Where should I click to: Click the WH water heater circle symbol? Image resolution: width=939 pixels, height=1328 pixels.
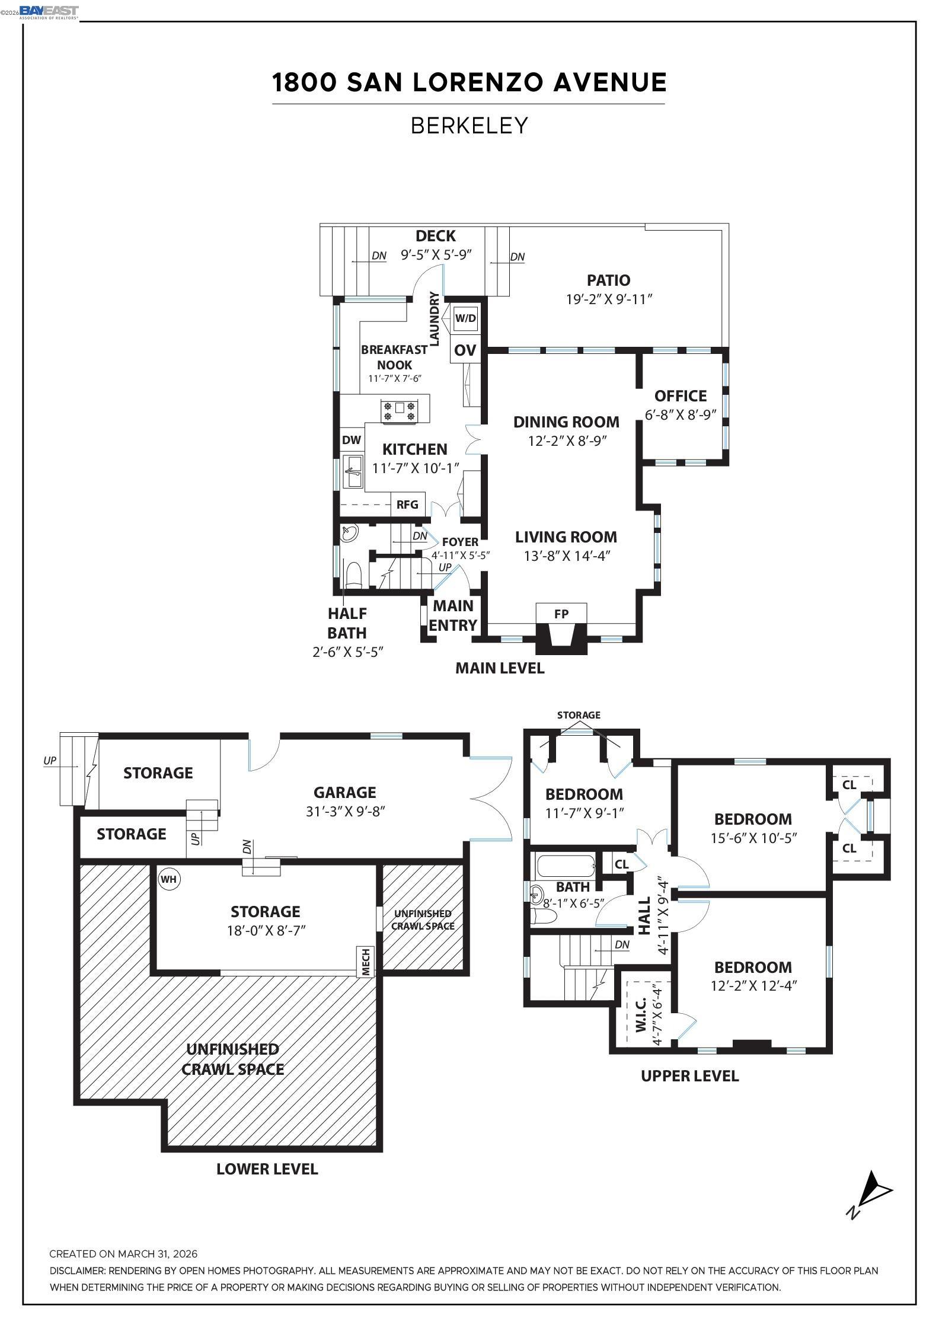(x=169, y=879)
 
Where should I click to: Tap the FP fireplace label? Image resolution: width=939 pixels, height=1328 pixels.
(x=561, y=614)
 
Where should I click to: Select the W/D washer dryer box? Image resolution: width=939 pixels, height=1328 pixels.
(x=465, y=318)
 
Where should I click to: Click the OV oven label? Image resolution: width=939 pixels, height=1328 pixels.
(x=465, y=350)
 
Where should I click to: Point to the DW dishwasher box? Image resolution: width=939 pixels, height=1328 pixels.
(x=352, y=440)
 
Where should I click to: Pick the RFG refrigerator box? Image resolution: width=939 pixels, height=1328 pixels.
(x=407, y=505)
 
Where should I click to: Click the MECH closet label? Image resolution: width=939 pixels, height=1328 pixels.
(x=366, y=962)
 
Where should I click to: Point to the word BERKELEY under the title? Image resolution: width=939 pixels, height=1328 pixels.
(x=469, y=126)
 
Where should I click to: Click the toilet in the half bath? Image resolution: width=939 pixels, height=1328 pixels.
(x=354, y=573)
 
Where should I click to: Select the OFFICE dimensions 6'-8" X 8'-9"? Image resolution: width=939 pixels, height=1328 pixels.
(x=681, y=415)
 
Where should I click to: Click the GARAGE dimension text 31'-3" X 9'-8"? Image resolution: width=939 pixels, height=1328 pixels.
(x=346, y=812)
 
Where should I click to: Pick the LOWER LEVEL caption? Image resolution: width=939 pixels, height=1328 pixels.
(x=267, y=1169)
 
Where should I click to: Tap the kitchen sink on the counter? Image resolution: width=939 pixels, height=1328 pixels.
(x=354, y=472)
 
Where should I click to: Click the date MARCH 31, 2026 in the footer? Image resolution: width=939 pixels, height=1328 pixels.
(x=157, y=1254)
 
